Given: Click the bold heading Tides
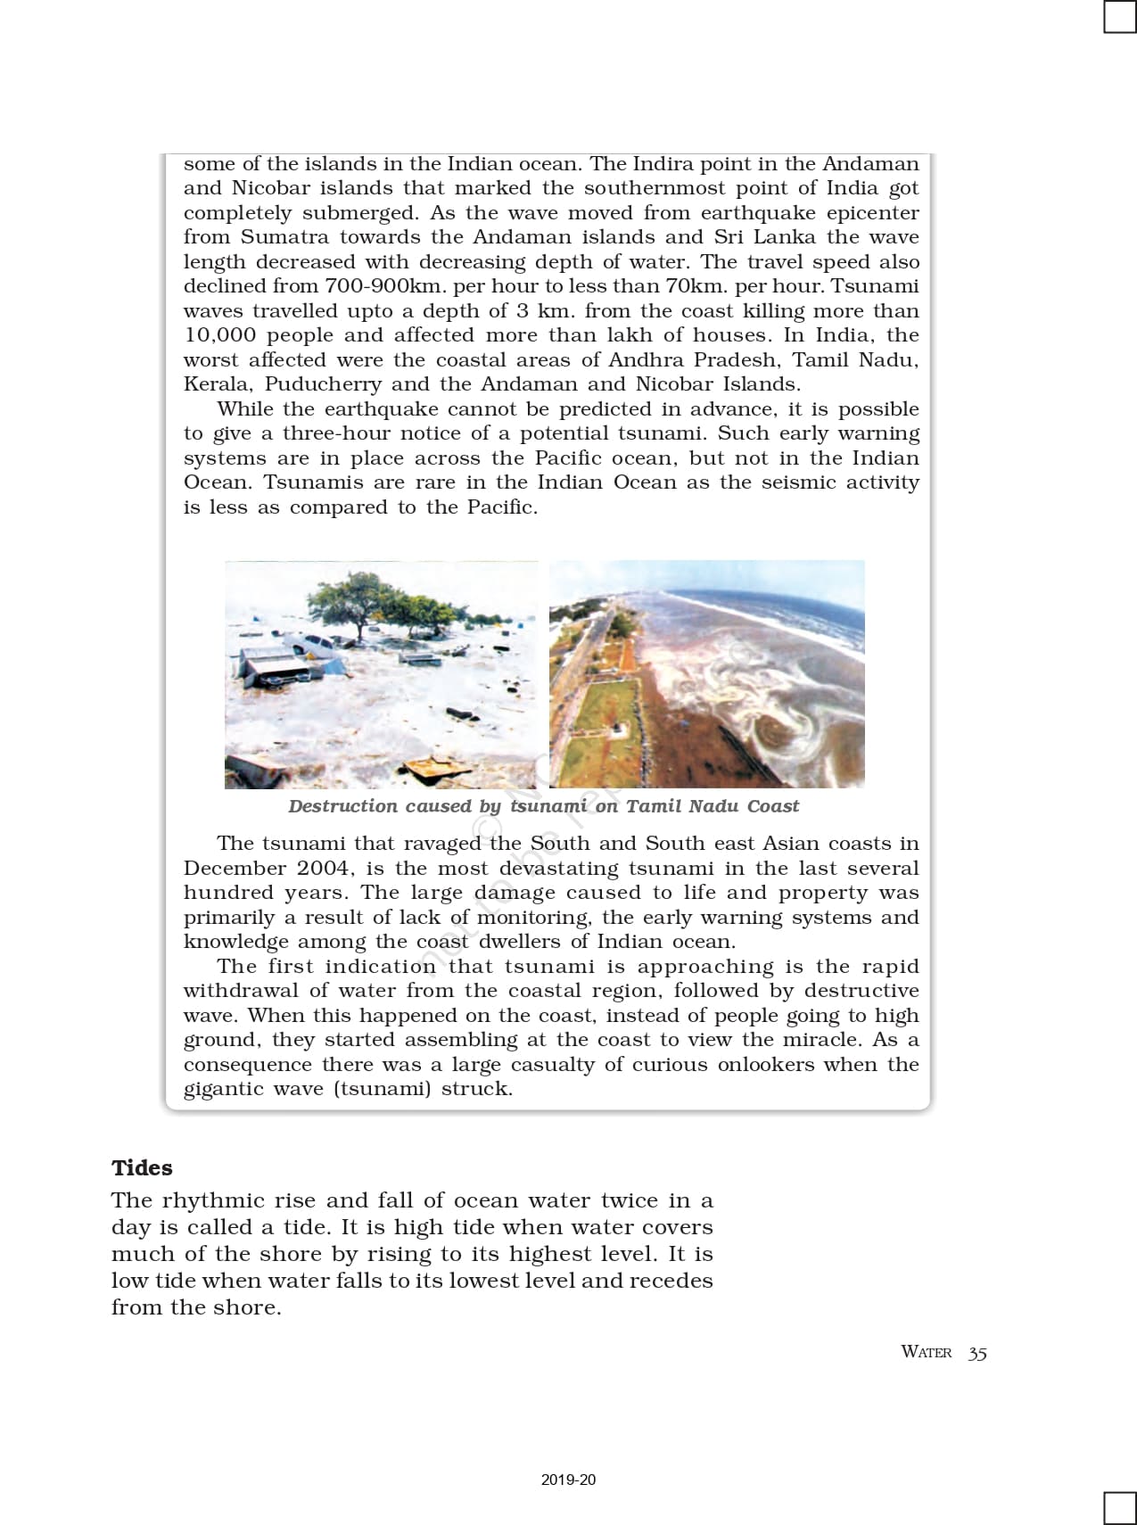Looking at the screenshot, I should coord(142,1167).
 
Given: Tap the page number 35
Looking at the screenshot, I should coord(977,1353).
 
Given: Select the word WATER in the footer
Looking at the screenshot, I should coord(927,1352).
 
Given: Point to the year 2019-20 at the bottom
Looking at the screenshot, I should coord(568,1480).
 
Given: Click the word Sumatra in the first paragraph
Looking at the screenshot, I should coord(284,237).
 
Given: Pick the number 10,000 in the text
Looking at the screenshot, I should coord(219,335).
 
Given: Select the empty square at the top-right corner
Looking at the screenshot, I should coord(1119,17).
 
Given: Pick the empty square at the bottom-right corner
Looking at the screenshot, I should coord(1119,1508).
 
